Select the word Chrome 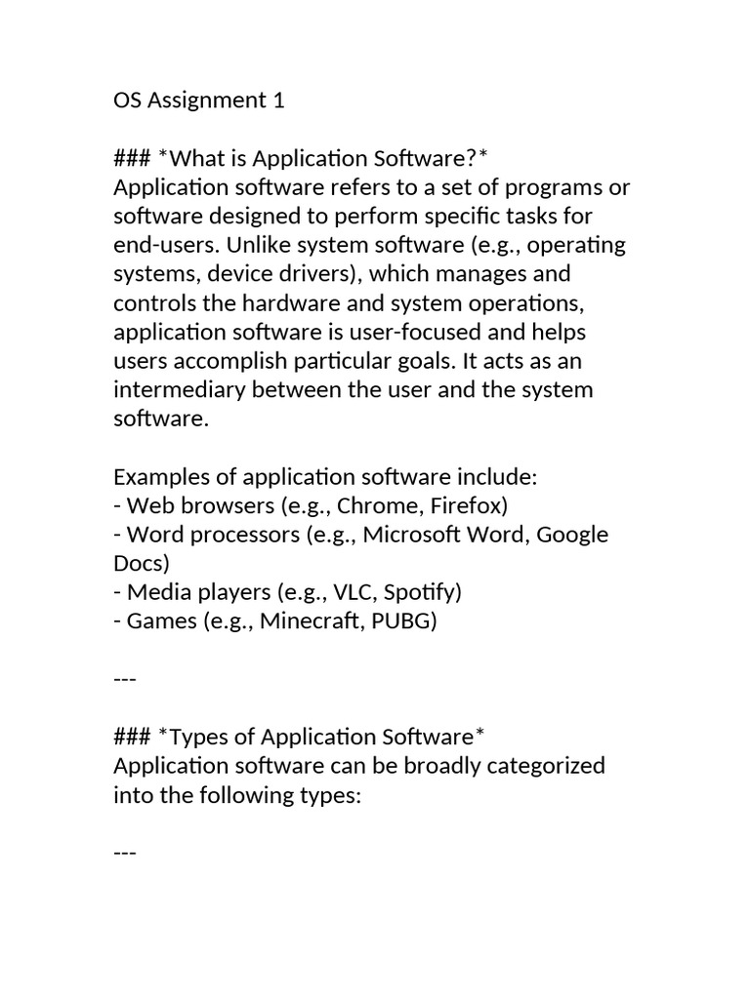tap(370, 506)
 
